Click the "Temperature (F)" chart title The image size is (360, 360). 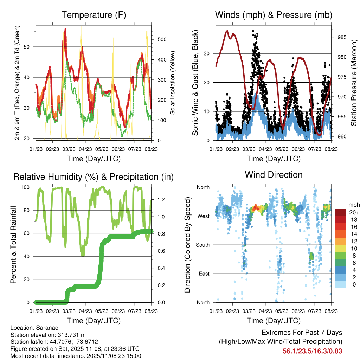93,15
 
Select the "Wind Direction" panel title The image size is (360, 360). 274,174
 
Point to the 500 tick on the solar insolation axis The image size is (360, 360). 161,39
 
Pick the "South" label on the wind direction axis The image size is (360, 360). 202,245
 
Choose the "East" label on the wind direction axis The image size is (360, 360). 204,274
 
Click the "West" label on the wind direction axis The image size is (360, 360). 204,216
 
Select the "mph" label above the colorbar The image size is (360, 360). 353,205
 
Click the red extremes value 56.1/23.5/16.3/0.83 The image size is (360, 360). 312,351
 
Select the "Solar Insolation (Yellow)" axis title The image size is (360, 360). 172,83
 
